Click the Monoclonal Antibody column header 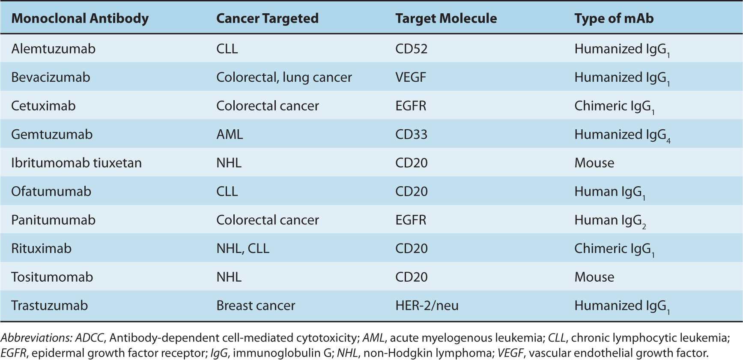tap(80, 18)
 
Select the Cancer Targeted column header tap(267, 18)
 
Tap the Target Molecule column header tap(446, 18)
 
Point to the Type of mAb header tap(614, 18)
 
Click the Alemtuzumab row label tap(53, 49)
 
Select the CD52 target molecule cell tap(411, 49)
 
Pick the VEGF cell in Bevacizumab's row tap(410, 77)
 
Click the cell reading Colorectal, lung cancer tap(284, 77)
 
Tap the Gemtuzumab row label tap(52, 134)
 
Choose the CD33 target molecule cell tap(411, 134)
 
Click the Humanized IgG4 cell tap(622, 135)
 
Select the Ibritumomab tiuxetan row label tap(76, 163)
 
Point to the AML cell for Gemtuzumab tap(230, 134)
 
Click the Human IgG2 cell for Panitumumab tap(610, 220)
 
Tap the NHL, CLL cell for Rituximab tap(243, 249)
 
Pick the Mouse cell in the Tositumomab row tap(594, 277)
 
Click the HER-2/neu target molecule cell tap(427, 306)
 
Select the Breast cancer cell tap(256, 306)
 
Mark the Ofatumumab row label tap(51, 191)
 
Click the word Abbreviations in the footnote tap(36, 338)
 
